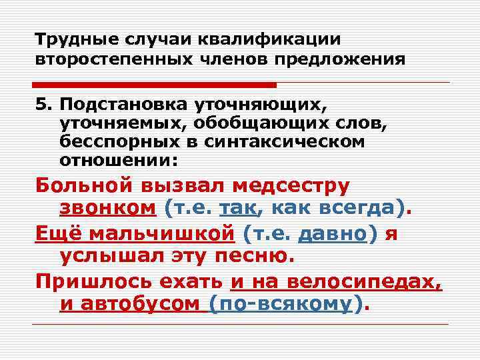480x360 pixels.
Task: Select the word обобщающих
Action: point(228,123)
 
